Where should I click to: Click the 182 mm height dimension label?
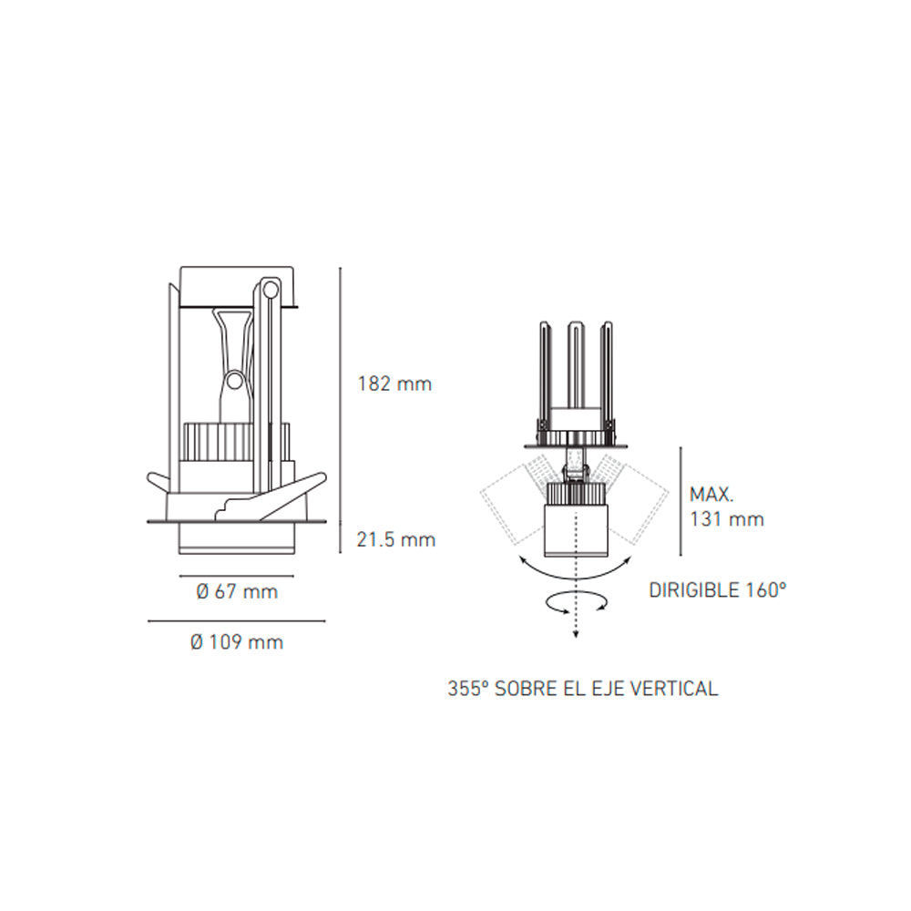coord(394,384)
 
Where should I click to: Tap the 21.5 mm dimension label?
coord(395,539)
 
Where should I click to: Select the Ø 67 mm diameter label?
coord(237,592)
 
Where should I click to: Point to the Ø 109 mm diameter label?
coord(237,642)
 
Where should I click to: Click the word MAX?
coord(712,496)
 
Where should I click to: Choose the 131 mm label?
coord(727,520)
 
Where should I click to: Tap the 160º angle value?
coord(764,589)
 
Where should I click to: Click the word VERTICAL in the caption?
coord(674,689)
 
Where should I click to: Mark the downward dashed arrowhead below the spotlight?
coord(575,634)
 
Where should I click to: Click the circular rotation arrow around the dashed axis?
coord(575,602)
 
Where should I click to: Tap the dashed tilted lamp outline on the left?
coord(510,506)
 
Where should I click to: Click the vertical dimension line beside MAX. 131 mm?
coord(681,501)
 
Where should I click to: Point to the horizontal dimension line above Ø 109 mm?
coord(237,621)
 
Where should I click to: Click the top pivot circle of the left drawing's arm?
coord(269,289)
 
